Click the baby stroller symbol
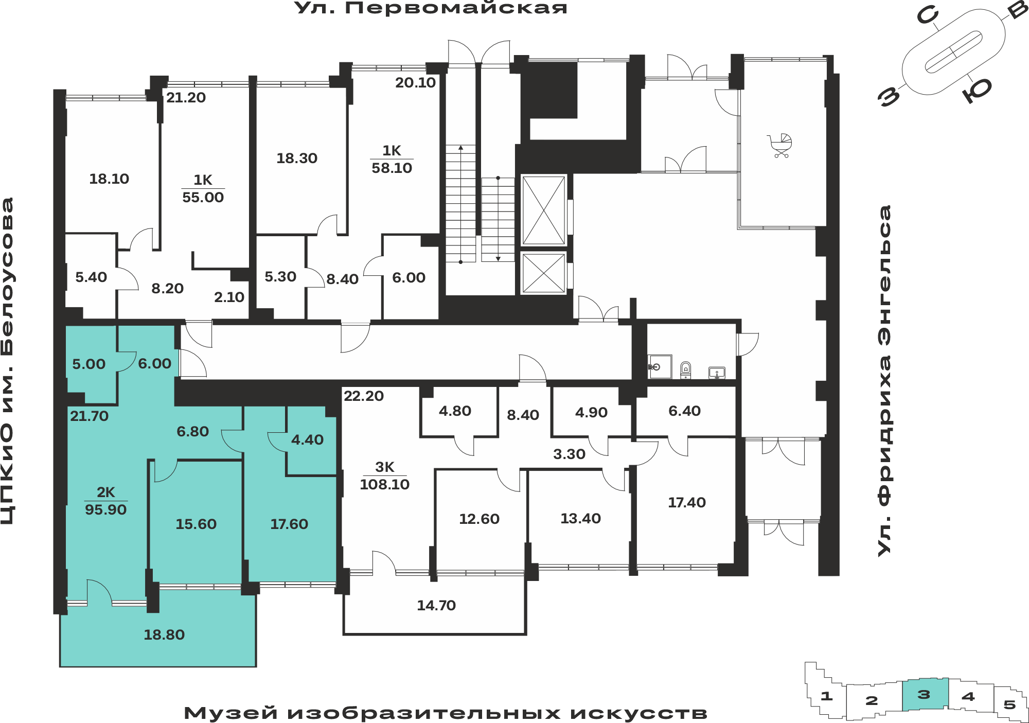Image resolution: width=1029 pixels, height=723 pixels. click(x=780, y=146)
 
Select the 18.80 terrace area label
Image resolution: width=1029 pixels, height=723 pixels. click(x=164, y=634)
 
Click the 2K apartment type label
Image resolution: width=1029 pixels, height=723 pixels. click(x=106, y=492)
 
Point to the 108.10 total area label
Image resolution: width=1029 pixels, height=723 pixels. click(x=385, y=484)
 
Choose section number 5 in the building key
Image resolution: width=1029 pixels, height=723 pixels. click(x=1009, y=704)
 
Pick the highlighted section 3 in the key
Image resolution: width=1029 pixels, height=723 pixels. click(x=925, y=695)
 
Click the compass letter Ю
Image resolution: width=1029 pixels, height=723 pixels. click(x=977, y=90)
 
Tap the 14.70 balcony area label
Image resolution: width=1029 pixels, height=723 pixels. click(x=436, y=605)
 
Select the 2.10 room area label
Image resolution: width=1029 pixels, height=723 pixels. click(x=229, y=297)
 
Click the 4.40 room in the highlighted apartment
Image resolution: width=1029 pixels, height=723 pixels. click(x=307, y=439)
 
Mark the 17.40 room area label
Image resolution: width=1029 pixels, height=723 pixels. click(x=687, y=502)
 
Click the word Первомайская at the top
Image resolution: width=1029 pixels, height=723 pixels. click(x=456, y=8)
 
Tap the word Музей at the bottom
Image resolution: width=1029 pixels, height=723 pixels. click(x=231, y=713)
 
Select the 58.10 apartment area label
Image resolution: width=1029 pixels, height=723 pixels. click(x=392, y=168)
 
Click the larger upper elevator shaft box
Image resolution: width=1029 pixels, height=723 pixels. click(x=544, y=210)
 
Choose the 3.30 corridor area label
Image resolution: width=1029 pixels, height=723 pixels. click(x=569, y=454)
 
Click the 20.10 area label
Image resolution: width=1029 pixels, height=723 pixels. click(x=415, y=82)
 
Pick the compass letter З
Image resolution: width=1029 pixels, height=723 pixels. click(x=890, y=96)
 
